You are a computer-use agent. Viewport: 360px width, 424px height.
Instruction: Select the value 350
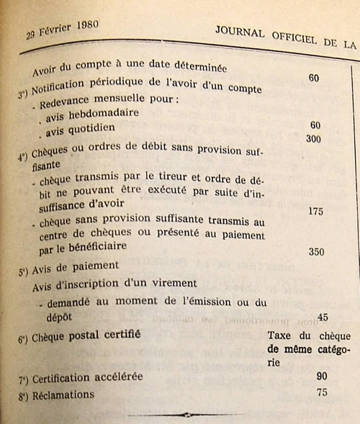tap(316, 253)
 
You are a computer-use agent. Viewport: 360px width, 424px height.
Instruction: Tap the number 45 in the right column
tap(323, 317)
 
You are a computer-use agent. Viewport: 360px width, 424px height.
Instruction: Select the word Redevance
tap(66, 100)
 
